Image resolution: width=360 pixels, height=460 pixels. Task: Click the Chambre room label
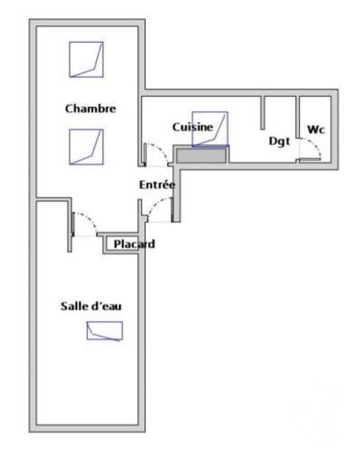tap(91, 109)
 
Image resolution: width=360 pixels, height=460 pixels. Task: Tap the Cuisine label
tap(192, 127)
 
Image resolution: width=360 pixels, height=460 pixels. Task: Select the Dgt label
tap(279, 141)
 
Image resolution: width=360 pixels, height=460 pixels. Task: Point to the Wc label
tap(316, 129)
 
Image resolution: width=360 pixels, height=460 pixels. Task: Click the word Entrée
tap(157, 184)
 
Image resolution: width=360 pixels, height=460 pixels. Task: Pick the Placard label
tap(134, 244)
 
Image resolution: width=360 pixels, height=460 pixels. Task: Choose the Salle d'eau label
tap(91, 306)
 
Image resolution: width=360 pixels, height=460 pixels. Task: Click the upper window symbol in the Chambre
tap(87, 60)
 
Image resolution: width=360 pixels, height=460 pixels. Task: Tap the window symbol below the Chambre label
tap(87, 147)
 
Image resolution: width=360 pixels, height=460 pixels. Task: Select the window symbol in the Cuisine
tap(210, 129)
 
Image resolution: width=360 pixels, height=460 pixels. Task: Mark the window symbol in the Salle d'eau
tap(105, 331)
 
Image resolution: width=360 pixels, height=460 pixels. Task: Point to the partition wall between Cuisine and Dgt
tap(263, 112)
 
